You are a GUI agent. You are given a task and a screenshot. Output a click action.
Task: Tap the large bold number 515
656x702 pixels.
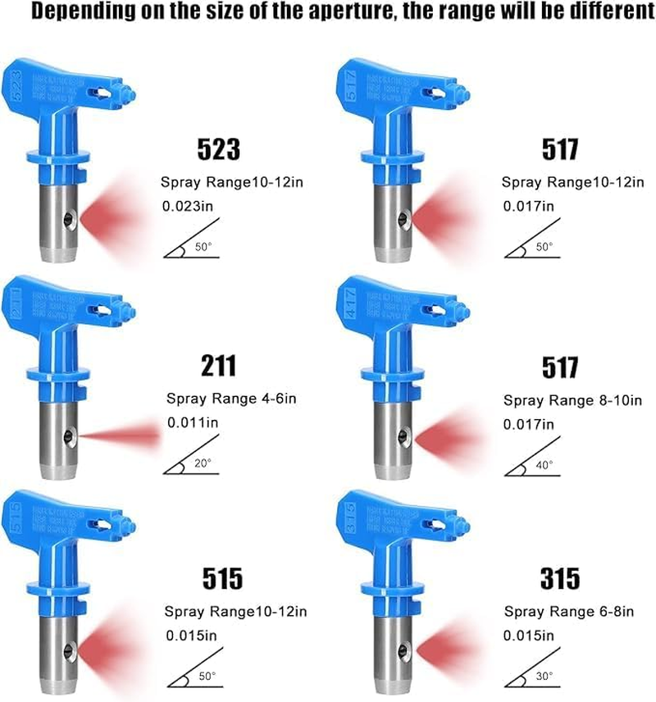click(x=220, y=579)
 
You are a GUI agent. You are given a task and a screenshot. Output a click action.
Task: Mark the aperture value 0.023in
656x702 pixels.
click(x=192, y=207)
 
